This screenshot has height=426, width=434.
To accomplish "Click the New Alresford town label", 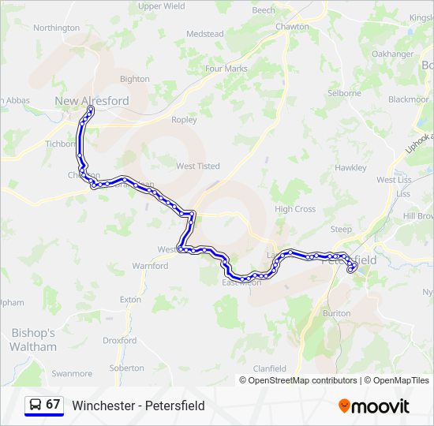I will tap(92, 101).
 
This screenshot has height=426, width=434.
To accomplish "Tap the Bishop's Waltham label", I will tap(33, 340).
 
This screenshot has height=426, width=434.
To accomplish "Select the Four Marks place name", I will tap(226, 69).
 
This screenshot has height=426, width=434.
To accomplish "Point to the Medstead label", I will tap(204, 34).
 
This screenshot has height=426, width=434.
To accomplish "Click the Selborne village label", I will tap(345, 93).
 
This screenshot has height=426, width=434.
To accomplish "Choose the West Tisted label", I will tap(197, 166).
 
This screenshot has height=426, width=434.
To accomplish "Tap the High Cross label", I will tap(295, 209).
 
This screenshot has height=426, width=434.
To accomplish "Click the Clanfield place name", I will tap(269, 368).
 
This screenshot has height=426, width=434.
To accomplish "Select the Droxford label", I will tap(120, 341).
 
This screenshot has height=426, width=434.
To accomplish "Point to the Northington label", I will tap(57, 28).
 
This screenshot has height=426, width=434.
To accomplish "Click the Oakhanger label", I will tap(392, 54).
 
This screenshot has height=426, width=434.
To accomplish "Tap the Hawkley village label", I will tap(350, 168).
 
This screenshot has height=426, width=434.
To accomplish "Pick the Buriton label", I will tap(337, 313).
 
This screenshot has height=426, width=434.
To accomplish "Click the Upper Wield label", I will tap(161, 6).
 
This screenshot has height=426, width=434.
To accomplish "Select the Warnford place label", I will tap(150, 266).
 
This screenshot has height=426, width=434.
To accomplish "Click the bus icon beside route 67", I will tap(35, 405).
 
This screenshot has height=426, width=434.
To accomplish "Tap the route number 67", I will tap(53, 405).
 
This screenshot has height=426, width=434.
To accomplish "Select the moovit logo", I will tap(374, 405).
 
